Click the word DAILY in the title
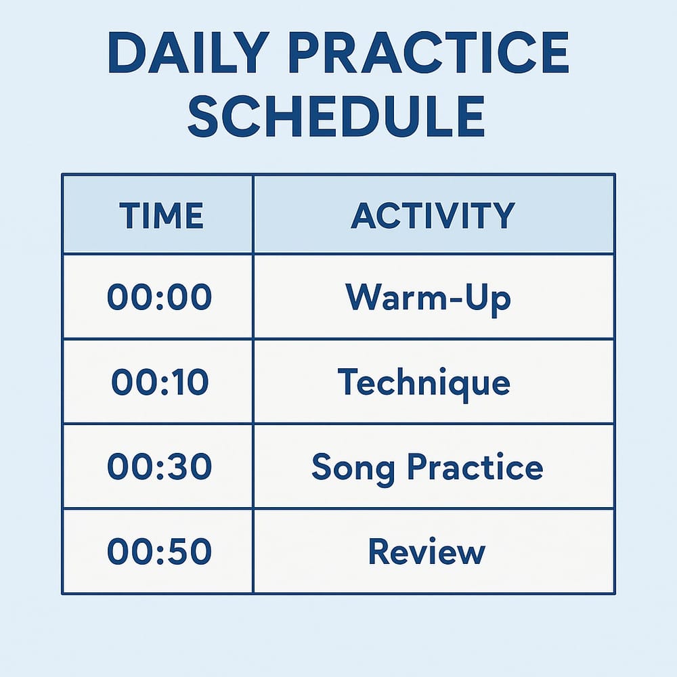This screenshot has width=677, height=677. [189, 53]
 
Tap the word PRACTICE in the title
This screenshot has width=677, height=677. [429, 53]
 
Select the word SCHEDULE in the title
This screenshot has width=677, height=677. [336, 116]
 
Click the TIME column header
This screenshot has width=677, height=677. [161, 215]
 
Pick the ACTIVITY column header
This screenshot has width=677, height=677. [433, 215]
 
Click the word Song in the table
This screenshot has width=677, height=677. [353, 469]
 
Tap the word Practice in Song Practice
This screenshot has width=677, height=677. [475, 466]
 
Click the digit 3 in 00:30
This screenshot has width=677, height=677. [177, 466]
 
